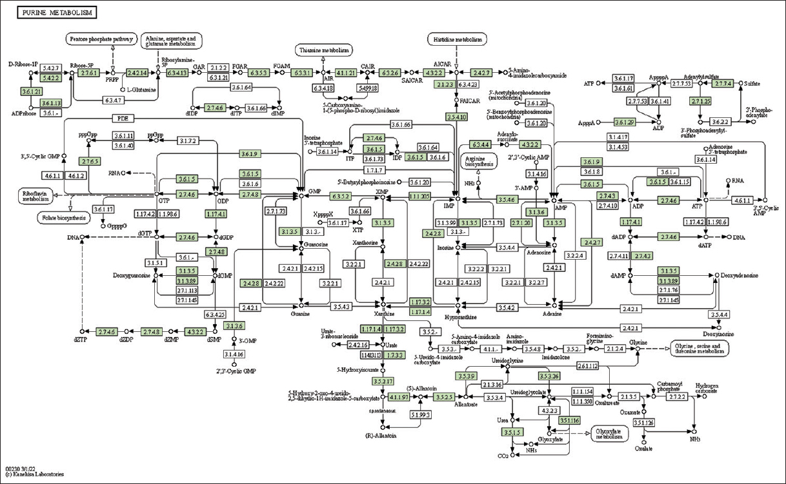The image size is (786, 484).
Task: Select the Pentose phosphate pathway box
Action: [x=100, y=40]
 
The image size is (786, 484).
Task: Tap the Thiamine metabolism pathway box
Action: [x=324, y=50]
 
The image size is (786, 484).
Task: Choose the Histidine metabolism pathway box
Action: [x=456, y=40]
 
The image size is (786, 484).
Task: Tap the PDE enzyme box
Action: [x=122, y=119]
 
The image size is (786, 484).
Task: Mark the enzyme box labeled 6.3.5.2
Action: [x=340, y=195]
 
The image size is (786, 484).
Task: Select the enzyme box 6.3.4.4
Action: [x=479, y=144]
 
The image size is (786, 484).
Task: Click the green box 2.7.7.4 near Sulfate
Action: [x=722, y=83]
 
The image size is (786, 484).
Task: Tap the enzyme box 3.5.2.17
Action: [x=382, y=381]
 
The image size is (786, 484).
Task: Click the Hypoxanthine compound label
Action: [x=459, y=317]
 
